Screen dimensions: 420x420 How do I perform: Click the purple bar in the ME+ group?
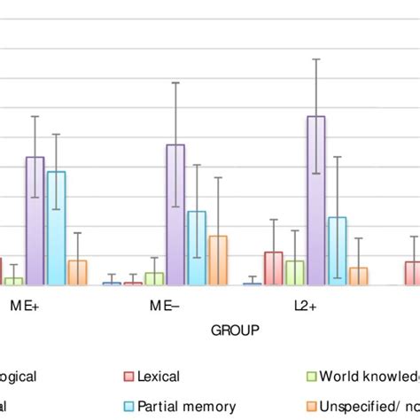[35, 222]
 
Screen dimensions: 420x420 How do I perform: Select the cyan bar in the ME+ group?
[56, 229]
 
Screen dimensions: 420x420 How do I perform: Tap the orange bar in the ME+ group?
[77, 273]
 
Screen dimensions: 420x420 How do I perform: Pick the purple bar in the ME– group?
[175, 215]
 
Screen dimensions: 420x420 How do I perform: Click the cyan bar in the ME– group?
[197, 248]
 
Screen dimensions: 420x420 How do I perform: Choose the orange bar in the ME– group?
[218, 261]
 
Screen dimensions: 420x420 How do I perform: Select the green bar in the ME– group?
[154, 279]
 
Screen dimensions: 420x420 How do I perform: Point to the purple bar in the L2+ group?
[316, 201]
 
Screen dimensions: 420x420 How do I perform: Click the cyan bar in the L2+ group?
[338, 252]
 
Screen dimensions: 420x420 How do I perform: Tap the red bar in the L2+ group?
[274, 268]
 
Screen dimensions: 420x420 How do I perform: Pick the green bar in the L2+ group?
[295, 273]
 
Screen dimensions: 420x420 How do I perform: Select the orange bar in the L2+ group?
[359, 276]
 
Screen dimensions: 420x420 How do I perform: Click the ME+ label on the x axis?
[24, 304]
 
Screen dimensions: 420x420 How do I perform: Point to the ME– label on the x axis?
[165, 304]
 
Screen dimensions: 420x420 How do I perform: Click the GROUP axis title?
[235, 331]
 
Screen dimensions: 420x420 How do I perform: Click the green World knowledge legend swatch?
[311, 377]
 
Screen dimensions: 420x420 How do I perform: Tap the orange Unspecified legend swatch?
[311, 406]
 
